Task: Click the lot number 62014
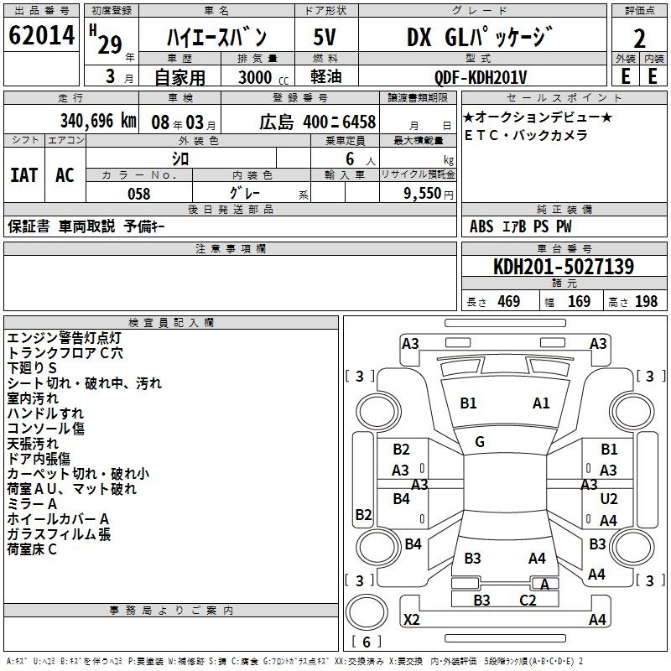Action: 41,35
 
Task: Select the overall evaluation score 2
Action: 639,39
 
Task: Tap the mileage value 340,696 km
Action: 98,121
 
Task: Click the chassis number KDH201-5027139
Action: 564,267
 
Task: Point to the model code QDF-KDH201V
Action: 481,77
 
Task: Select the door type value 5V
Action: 325,37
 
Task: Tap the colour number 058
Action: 139,194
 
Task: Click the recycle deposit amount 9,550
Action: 423,194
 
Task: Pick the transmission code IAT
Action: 24,175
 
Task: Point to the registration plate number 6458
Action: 359,122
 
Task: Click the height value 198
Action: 646,302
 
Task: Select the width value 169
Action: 579,302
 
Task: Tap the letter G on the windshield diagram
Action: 480,442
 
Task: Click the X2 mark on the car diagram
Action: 411,619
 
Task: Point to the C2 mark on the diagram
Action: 528,601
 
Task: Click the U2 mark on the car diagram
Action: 609,499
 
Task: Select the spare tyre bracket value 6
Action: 367,642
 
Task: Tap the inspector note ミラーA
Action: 32,504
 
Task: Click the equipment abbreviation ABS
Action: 481,226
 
